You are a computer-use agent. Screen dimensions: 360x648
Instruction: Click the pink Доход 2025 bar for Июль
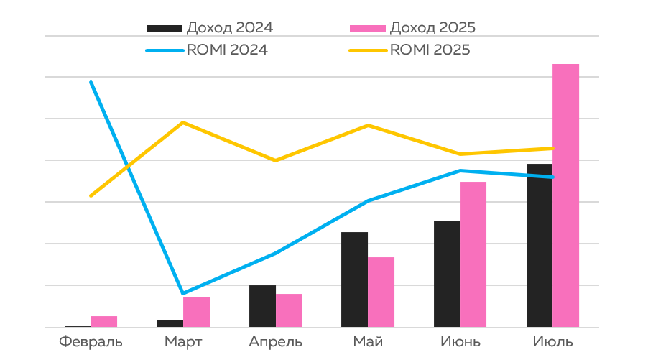565,195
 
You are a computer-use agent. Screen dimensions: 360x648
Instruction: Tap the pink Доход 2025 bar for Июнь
473,254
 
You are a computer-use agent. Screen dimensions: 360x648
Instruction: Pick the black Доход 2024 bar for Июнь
447,274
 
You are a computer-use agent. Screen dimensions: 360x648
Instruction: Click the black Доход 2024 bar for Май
354,280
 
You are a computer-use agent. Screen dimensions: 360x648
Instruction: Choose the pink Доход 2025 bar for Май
381,292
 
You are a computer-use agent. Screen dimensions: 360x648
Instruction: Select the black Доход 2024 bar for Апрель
262,306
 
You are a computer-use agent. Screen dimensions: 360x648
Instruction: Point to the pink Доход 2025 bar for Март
196,312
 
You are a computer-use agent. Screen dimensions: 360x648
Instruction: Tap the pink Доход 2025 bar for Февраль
103,321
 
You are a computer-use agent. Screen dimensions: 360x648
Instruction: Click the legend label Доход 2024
229,28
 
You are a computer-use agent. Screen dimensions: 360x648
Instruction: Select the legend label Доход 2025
432,28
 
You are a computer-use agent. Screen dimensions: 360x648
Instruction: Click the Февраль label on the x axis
91,341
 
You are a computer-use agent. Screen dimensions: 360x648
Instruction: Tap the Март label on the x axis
183,341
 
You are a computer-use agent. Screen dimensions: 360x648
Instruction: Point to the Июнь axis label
460,341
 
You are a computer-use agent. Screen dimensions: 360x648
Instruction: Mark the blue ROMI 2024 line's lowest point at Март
183,293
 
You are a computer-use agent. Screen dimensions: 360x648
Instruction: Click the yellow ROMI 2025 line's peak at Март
183,122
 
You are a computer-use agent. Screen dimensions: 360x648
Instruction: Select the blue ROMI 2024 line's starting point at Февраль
91,82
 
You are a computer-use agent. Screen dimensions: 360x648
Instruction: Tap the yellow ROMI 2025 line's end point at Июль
552,148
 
